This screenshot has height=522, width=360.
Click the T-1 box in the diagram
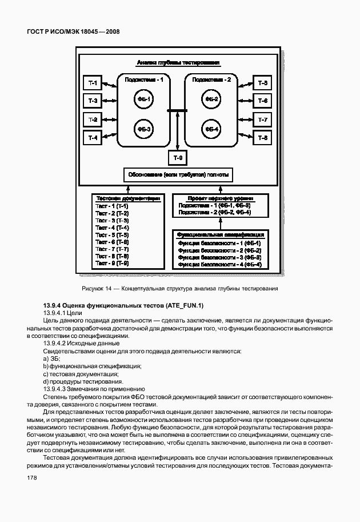pos(93,83)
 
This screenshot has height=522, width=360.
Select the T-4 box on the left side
pos(93,138)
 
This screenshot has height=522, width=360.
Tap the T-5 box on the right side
pos(263,83)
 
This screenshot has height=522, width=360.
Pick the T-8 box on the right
pos(263,138)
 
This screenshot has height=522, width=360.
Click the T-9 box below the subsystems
pos(178,157)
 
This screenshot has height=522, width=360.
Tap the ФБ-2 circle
pos(211,100)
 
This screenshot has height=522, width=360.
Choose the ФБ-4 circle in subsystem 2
pos(211,129)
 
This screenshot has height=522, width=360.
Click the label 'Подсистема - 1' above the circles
pos(144,80)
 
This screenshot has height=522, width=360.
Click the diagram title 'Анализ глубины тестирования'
pos(178,63)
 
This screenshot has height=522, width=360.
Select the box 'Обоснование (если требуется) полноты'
pos(178,174)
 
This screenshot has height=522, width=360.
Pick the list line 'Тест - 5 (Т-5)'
pos(112,235)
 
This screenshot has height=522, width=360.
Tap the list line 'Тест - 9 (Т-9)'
pos(112,264)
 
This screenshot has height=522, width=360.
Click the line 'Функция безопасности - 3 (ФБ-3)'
pos(219,257)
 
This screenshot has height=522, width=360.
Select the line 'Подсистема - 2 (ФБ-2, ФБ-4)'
pos(214,212)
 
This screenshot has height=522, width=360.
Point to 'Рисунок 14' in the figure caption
pos(98,289)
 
